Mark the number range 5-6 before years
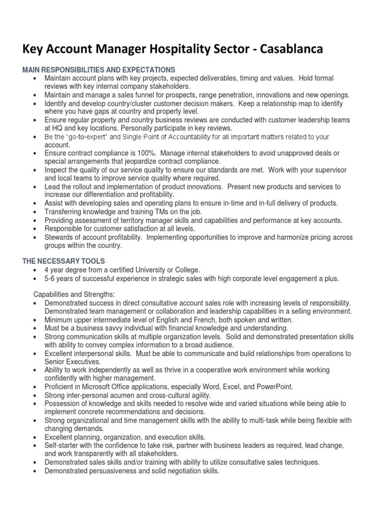coord(51,278)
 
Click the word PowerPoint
coord(274,387)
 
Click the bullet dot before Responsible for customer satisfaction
coord(34,229)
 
